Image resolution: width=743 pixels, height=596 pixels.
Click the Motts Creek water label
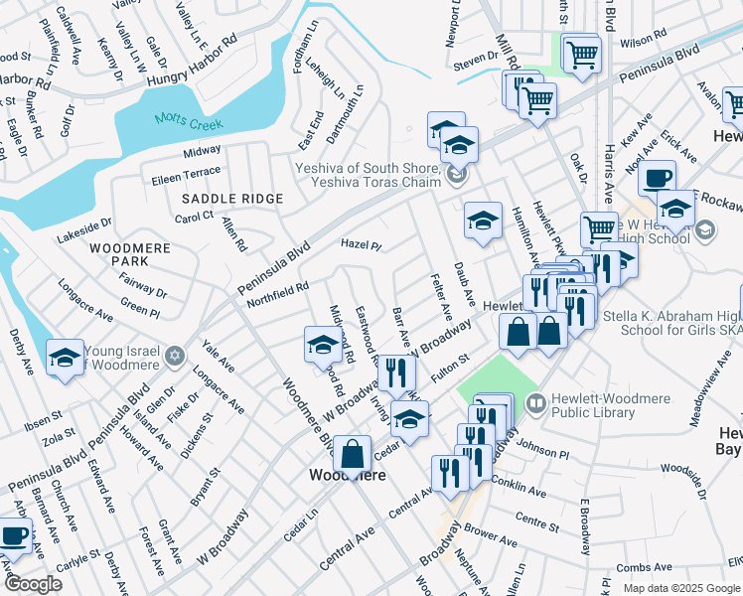[x=189, y=123]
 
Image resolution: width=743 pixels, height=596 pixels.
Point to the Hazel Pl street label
[x=362, y=243]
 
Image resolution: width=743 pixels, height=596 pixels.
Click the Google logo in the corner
[x=32, y=584]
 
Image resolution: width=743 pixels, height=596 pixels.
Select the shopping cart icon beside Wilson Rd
[x=581, y=53]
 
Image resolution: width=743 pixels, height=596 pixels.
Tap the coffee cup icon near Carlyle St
[x=14, y=536]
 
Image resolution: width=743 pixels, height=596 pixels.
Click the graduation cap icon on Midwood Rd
[x=323, y=345]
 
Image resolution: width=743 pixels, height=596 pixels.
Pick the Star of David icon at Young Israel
[x=175, y=355]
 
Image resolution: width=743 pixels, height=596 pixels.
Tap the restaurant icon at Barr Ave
[x=396, y=372]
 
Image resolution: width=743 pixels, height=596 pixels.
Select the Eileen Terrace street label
[x=187, y=172]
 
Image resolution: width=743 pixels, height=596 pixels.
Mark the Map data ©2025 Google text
[x=681, y=588]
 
